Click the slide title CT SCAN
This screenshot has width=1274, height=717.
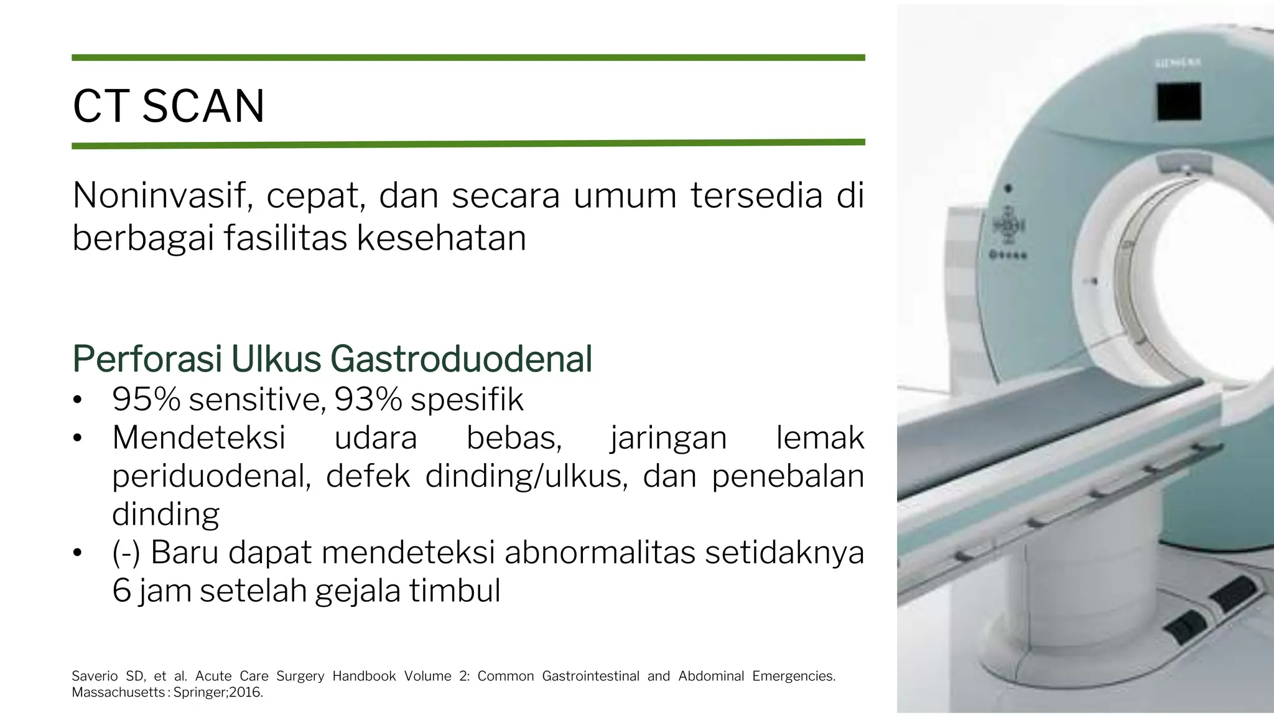pos(169,106)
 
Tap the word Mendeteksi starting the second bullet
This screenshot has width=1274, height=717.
pos(198,438)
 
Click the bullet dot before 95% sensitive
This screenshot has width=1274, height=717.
pos(77,400)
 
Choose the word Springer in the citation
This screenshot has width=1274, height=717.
pos(200,692)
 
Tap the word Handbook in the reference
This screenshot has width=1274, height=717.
pos(364,676)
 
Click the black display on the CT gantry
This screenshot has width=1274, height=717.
pos(1179,101)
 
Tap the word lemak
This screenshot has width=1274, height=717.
pos(820,438)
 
